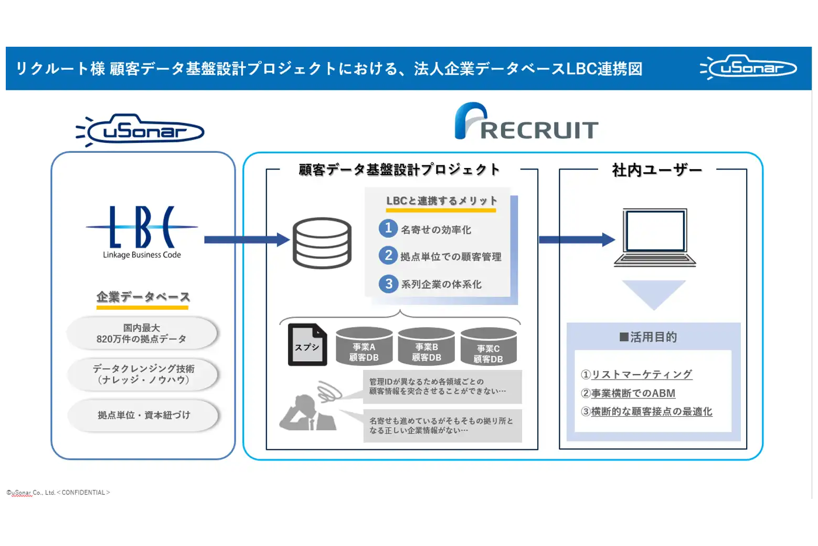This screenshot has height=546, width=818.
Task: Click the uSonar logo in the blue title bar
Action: point(749,68)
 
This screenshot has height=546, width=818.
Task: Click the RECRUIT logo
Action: point(526,122)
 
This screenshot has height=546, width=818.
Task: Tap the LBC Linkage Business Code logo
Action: point(142,232)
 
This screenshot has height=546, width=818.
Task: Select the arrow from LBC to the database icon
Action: point(246,240)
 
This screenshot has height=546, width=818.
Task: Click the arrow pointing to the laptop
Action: point(576,240)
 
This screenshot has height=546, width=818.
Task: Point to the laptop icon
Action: point(655,237)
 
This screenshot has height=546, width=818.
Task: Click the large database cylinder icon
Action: point(322,243)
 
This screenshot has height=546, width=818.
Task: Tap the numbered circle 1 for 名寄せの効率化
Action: point(388,228)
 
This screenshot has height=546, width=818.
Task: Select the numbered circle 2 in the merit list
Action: point(388,255)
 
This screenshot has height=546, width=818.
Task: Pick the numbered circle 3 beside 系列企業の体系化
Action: point(388,283)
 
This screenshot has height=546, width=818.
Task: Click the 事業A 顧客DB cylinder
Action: point(364,346)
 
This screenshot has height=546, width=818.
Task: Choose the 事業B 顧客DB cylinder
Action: point(426,346)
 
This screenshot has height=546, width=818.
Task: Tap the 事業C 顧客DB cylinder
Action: point(488,348)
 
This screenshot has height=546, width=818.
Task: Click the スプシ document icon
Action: point(307,345)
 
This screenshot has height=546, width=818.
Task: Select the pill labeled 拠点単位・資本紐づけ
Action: point(143,415)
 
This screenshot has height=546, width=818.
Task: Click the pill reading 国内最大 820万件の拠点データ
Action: point(142,333)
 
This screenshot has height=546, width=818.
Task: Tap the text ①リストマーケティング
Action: point(636,374)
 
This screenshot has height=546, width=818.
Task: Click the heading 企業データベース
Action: point(143,297)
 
